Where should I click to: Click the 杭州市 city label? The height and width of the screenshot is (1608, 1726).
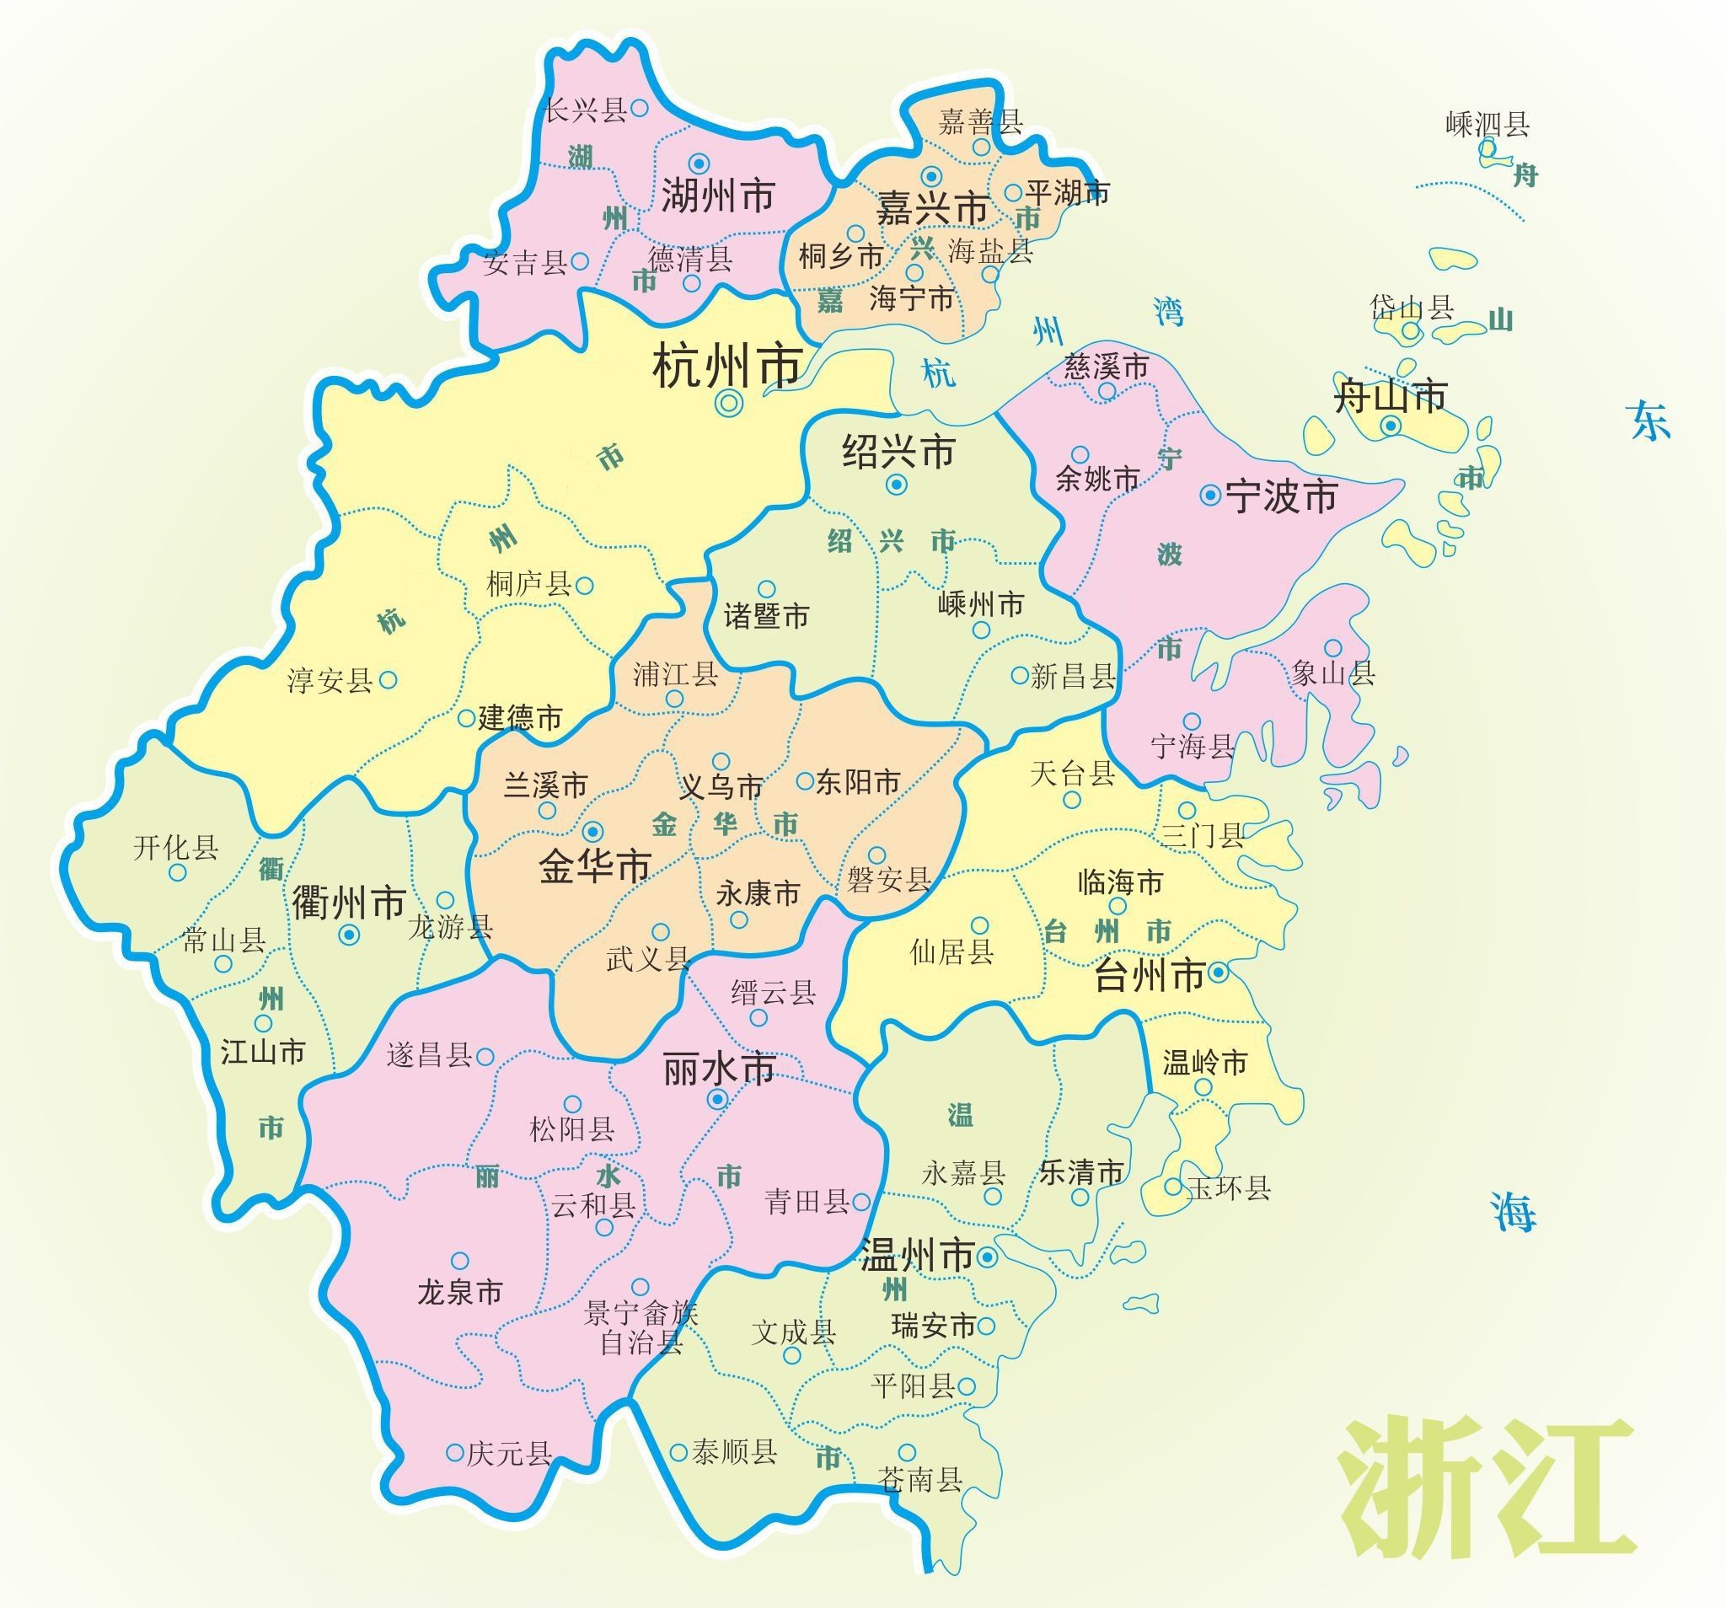[x=726, y=367]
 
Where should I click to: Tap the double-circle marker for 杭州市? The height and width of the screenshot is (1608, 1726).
[x=729, y=402]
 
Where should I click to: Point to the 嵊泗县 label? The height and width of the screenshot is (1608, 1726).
[x=1487, y=124]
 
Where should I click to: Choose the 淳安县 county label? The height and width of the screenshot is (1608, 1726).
[x=330, y=680]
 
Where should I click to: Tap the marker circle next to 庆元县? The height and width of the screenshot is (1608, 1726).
[x=455, y=1452]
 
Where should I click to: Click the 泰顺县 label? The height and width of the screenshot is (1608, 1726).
[x=735, y=1452]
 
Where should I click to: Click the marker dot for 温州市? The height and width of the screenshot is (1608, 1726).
[x=987, y=1257]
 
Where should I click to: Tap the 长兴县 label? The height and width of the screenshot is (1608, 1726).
[x=585, y=110]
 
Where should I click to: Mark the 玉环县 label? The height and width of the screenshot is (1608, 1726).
[x=1228, y=1187]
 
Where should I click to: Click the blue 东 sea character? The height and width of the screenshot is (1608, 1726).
[x=1648, y=421]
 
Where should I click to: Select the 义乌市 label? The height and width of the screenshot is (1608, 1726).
[x=721, y=787]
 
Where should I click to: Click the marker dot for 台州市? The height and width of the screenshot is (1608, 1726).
[x=1218, y=973]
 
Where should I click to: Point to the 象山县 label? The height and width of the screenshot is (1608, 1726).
[x=1332, y=673]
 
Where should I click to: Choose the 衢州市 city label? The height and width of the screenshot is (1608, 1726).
[x=349, y=903]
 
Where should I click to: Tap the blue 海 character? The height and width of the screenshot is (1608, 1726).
[x=1514, y=1211]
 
